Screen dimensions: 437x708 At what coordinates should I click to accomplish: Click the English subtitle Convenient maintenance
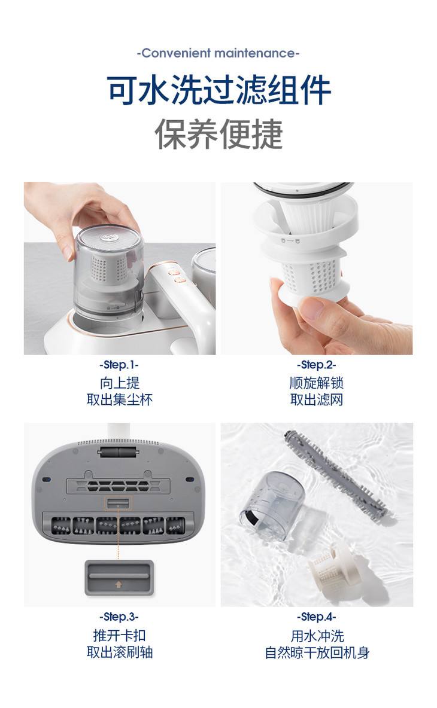point(218,53)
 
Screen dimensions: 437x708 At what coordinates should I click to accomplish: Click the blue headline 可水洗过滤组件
point(219,90)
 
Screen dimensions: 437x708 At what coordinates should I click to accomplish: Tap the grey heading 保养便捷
point(218,134)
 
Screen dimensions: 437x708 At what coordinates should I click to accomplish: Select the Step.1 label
point(119,364)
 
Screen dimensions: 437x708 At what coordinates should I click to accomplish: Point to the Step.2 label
point(316,364)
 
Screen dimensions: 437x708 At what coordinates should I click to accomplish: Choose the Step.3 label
point(119,617)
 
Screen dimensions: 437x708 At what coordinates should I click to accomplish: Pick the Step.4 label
point(316,617)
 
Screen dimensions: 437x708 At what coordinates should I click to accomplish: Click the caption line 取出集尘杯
point(120,399)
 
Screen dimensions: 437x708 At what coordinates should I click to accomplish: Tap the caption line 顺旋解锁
point(316,383)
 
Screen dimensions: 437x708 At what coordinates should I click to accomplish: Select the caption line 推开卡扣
point(120,635)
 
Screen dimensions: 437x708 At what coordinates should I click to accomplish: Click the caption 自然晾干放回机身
point(317,652)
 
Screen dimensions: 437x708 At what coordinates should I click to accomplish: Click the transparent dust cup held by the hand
point(109,273)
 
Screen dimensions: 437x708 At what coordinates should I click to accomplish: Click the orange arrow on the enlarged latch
point(119,584)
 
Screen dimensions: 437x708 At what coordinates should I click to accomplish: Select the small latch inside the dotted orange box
point(119,503)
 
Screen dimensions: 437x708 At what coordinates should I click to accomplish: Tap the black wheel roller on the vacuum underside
point(117,452)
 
